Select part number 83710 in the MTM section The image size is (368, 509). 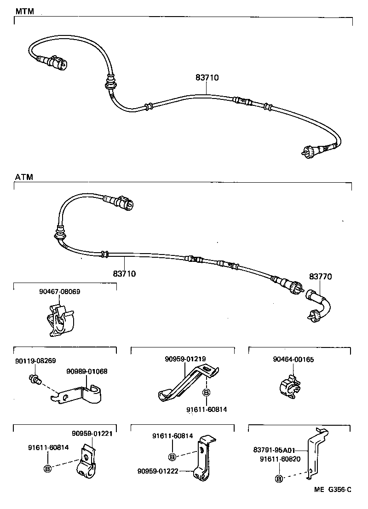tap(207, 78)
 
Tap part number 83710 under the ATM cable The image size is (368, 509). tap(124, 273)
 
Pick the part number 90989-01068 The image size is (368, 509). tap(87, 371)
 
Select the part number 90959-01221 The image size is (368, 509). tap(92, 433)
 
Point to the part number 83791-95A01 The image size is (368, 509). tap(274, 451)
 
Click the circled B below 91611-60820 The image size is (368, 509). tap(278, 479)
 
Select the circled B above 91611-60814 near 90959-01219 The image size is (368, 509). tap(206, 393)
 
